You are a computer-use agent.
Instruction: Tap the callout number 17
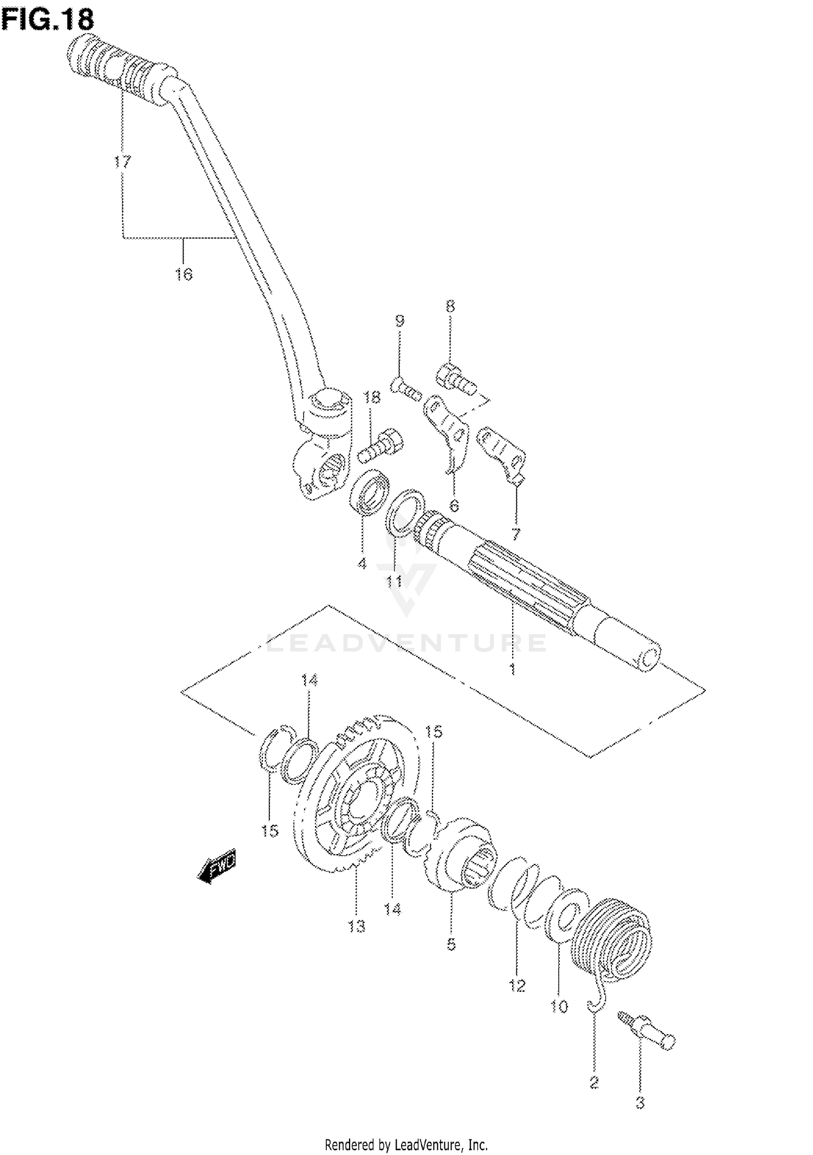(x=122, y=162)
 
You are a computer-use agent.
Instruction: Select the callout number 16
(x=184, y=274)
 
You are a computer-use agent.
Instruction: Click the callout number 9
(x=399, y=321)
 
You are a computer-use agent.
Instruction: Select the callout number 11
(x=394, y=582)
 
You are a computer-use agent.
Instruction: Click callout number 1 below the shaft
(x=512, y=670)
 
